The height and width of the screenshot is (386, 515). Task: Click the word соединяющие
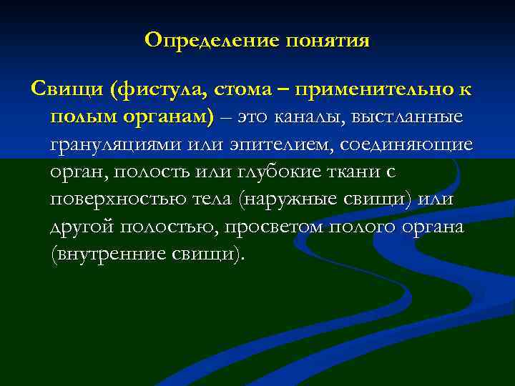[x=406, y=144]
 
